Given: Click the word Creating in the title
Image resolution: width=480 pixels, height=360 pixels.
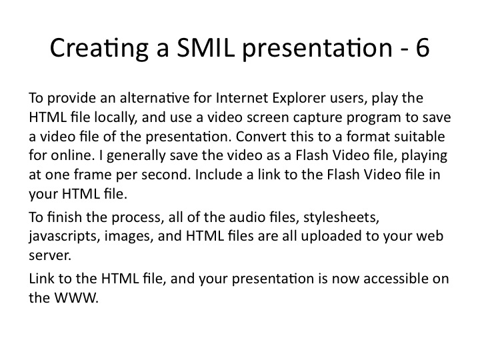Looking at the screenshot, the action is pyautogui.click(x=99, y=49).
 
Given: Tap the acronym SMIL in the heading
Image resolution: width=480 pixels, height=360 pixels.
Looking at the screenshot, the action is pyautogui.click(x=206, y=47).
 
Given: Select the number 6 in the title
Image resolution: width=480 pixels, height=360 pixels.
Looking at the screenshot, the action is pyautogui.click(x=423, y=48).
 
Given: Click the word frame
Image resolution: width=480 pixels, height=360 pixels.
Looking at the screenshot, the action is pyautogui.click(x=93, y=175).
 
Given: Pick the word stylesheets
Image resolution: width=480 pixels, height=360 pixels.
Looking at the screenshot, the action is pyautogui.click(x=341, y=217).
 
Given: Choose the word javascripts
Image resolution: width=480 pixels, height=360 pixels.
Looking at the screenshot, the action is pyautogui.click(x=64, y=237).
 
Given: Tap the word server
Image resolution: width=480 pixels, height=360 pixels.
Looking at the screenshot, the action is pyautogui.click(x=50, y=256).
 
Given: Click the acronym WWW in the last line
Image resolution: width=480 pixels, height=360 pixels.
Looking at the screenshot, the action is pyautogui.click(x=76, y=297).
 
